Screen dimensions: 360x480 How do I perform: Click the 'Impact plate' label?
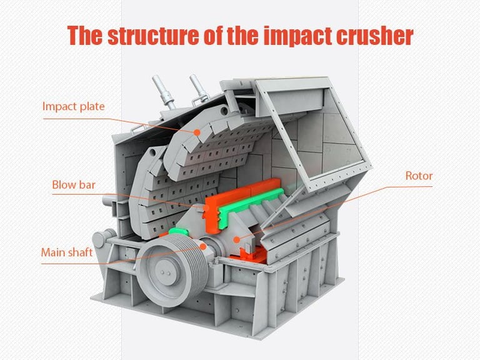(x=73, y=106)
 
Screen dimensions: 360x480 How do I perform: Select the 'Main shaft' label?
(x=67, y=252)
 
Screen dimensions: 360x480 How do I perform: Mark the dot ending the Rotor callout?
(x=236, y=238)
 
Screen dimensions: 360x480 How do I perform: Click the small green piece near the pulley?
(x=178, y=231)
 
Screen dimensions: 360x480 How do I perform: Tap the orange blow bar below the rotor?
(x=247, y=252)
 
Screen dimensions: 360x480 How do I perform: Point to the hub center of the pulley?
(x=164, y=274)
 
